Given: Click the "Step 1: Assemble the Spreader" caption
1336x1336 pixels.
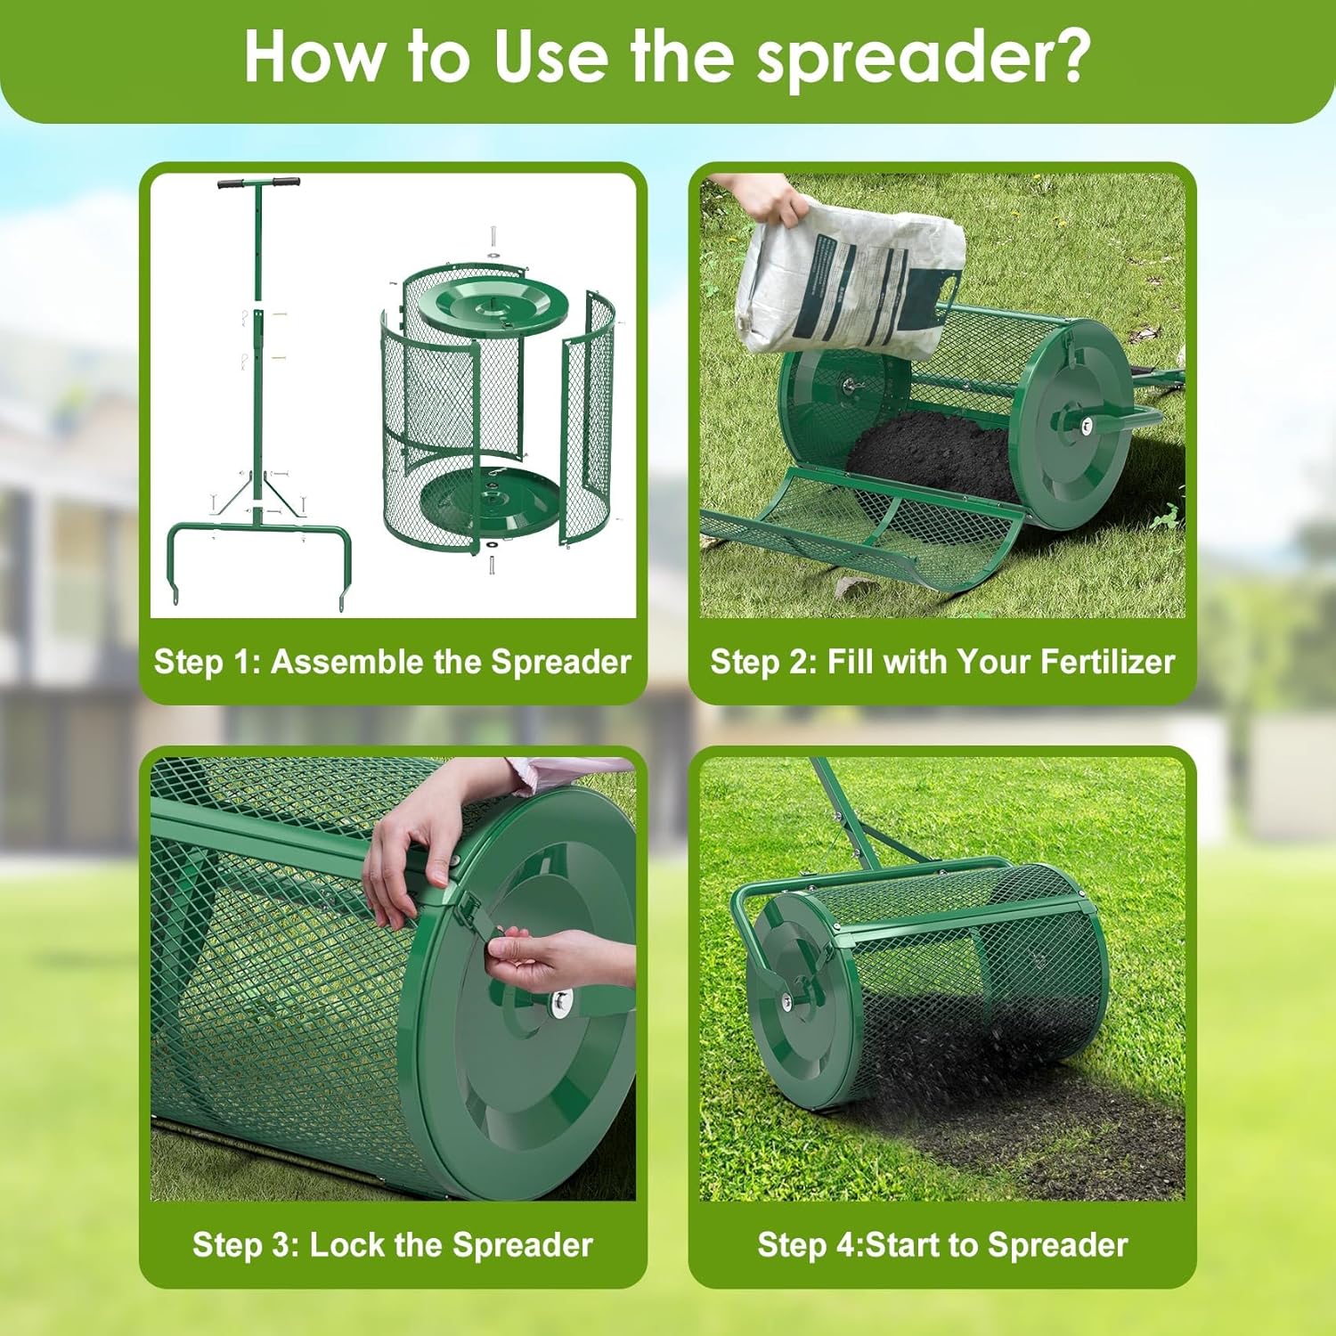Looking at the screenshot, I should click(392, 662).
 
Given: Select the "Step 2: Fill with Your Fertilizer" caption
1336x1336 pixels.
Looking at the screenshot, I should click(942, 662).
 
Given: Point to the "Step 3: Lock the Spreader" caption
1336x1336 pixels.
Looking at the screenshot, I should click(392, 1244).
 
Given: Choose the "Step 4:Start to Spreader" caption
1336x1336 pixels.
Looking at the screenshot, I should click(942, 1244).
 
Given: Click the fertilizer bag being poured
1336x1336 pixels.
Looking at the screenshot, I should click(851, 276).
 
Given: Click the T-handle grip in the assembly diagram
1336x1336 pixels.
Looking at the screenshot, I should click(258, 183).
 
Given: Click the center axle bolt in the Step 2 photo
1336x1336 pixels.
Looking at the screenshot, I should click(1087, 426).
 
